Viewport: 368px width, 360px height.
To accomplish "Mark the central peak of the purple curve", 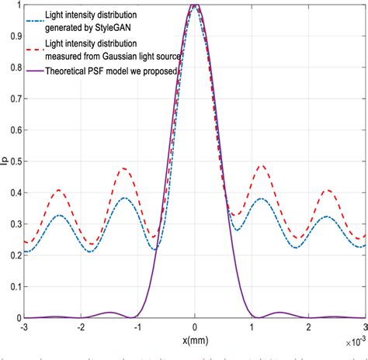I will click(x=195, y=5).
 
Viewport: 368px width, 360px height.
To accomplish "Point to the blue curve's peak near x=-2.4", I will click(x=59, y=216).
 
